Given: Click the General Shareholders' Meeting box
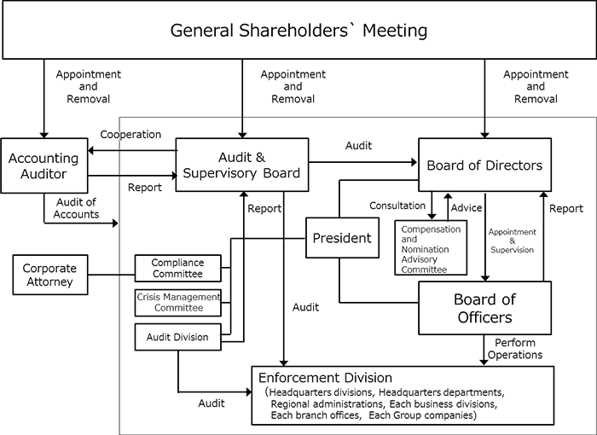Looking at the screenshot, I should pos(298,32).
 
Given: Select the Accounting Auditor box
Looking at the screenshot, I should pos(43,166).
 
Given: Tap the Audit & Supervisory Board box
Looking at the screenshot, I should pos(241,165).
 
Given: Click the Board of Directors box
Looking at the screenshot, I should pos(484,165).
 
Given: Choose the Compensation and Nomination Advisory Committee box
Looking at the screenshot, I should pos(431,248).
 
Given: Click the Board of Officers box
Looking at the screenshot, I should pos(484,308).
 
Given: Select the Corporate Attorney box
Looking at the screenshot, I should pos(49,275).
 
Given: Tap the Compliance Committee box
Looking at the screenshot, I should pos(177,269).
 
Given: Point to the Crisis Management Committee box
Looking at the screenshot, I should pos(177,302).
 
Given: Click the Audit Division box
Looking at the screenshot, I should pos(177,337).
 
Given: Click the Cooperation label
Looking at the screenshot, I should pos(130,135).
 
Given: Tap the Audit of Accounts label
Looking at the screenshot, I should pos(77,208).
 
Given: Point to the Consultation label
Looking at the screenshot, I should pos(397,206).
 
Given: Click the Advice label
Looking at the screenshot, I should pos(467,207).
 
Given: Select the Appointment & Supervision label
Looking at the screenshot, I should pos(511,241).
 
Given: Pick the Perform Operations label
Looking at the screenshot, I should pos(518,348).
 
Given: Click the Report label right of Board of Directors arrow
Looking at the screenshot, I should pos(566,208).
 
